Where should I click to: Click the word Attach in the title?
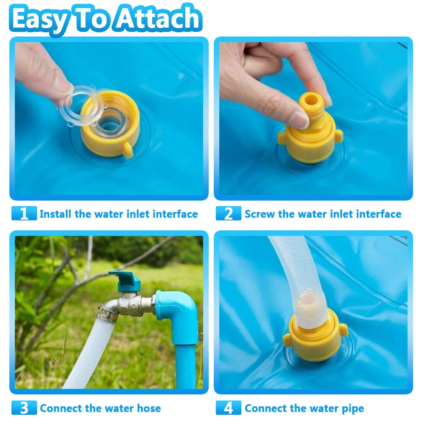pos(159,19)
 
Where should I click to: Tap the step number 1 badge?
pos(24,213)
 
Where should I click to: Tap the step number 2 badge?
pos(229,213)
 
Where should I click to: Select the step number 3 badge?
pos(24,408)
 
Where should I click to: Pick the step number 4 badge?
pos(229,408)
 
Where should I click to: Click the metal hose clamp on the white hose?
pos(106,314)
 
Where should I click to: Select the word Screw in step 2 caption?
pos(260,214)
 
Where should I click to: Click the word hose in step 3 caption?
pos(149,408)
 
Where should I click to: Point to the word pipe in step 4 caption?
pos(352,408)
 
